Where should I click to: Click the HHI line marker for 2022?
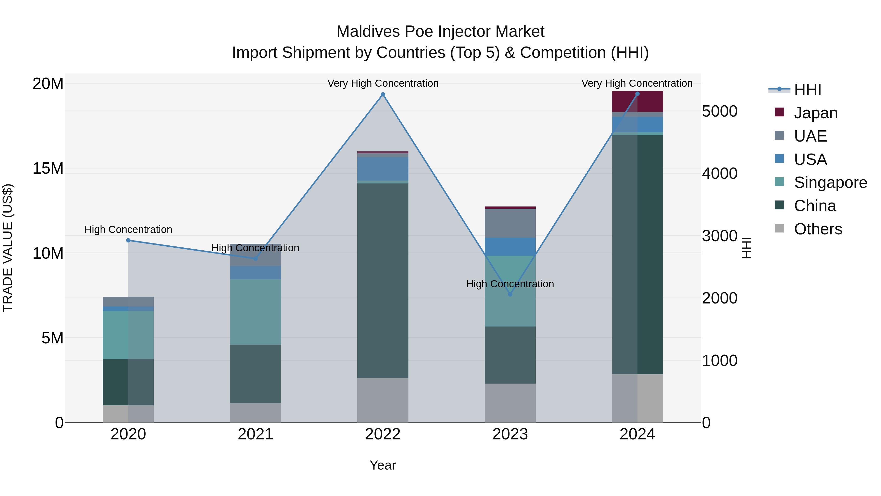pos(383,95)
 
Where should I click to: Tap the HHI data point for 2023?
pos(510,294)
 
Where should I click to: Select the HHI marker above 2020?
pos(128,240)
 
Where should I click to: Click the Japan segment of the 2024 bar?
pos(637,101)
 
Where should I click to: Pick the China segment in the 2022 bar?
pos(383,281)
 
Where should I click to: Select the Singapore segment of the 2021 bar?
pos(255,312)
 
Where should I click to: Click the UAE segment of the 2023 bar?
pos(510,223)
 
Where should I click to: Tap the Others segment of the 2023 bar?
pos(510,403)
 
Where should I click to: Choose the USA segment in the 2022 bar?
pos(383,169)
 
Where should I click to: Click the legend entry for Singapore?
pos(830,182)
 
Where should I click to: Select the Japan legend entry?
pos(815,113)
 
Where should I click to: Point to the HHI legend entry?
pos(807,90)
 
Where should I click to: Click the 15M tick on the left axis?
pos(48,169)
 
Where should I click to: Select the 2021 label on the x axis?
pos(255,434)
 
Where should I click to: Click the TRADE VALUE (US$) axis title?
pos(8,248)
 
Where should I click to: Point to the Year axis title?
pos(383,465)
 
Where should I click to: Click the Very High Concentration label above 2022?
pos(383,83)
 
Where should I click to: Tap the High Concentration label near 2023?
pos(510,284)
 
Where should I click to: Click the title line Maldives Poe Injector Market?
pos(440,32)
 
